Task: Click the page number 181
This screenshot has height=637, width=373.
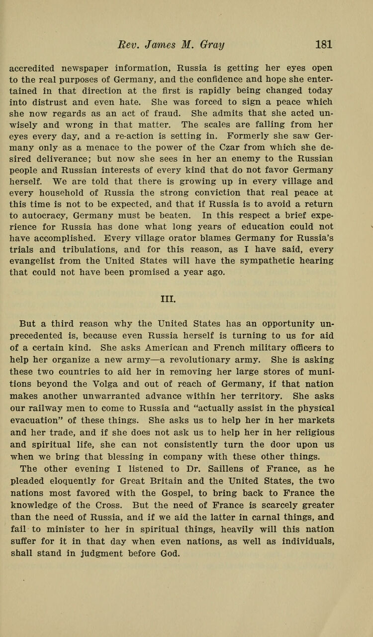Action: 324,44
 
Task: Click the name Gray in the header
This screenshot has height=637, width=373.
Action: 211,44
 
